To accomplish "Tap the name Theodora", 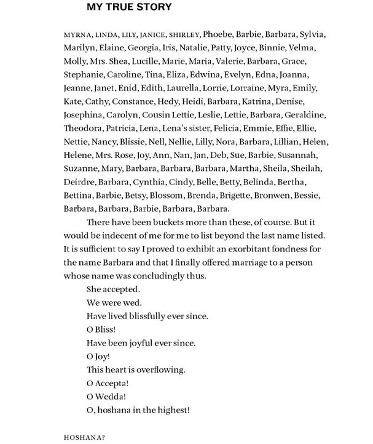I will coord(84,128).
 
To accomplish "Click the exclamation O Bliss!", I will coord(102,330).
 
